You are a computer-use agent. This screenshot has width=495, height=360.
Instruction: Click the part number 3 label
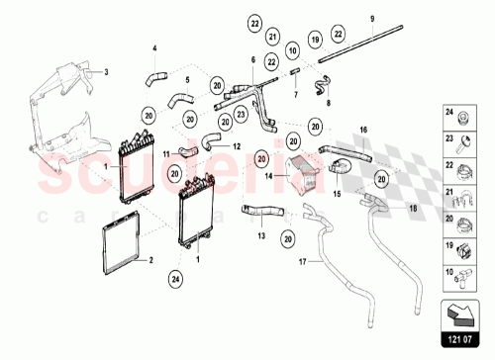[x=106, y=71]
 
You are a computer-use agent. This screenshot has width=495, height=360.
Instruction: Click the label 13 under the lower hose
[x=262, y=236]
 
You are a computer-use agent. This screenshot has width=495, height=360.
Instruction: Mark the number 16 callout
[x=363, y=130]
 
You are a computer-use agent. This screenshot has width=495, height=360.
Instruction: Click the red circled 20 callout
[x=262, y=157]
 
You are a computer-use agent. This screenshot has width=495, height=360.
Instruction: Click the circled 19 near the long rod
[x=315, y=40]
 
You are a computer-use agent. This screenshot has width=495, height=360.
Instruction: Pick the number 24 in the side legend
[x=449, y=113]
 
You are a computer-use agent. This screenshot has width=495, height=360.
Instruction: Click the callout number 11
[x=166, y=153]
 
